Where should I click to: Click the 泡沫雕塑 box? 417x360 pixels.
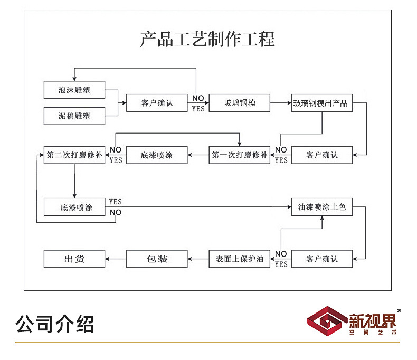[74, 90]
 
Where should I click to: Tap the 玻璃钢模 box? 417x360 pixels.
[240, 103]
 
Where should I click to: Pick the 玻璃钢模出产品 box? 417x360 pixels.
[322, 103]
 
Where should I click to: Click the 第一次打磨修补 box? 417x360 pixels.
[240, 155]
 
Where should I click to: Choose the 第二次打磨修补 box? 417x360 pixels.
[74, 155]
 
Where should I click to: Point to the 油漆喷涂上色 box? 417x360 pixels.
[322, 207]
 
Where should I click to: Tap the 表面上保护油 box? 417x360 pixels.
[240, 259]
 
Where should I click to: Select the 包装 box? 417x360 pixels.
[157, 259]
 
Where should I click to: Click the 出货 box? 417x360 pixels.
[74, 259]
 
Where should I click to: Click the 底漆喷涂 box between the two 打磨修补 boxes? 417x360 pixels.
[157, 155]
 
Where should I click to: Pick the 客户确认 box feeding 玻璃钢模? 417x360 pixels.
[157, 103]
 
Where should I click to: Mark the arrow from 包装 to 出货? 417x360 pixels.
[116, 259]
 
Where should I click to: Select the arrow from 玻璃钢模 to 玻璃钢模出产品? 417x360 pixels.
[281, 103]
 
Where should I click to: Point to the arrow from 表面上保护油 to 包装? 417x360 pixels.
[198, 259]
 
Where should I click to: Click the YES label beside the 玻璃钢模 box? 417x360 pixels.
[198, 109]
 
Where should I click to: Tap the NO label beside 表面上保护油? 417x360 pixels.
[281, 254]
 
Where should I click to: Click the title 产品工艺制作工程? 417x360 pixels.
[207, 40]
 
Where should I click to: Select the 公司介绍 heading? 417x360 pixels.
[55, 324]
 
